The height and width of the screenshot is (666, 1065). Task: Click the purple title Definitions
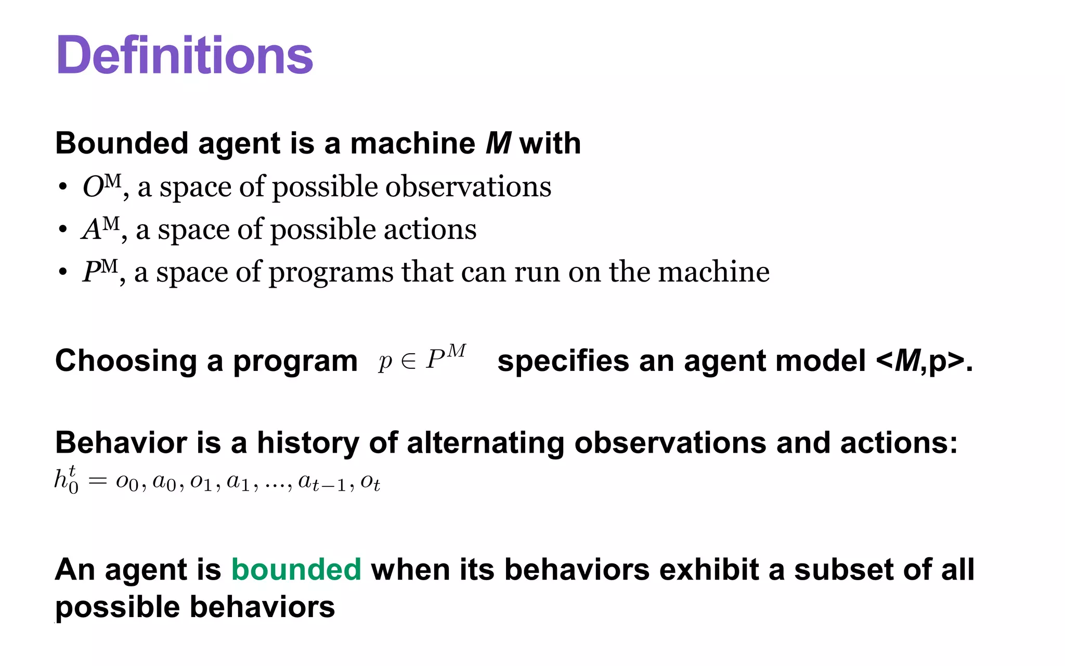click(185, 55)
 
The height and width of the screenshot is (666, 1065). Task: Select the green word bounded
click(296, 569)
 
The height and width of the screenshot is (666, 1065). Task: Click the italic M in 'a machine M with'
click(498, 143)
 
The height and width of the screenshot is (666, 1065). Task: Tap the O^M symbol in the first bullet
click(101, 186)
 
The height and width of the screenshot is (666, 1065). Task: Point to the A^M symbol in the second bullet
click(100, 229)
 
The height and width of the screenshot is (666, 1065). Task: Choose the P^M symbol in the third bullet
click(99, 272)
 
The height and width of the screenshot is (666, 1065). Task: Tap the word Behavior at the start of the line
click(121, 443)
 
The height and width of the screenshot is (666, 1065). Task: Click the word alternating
click(485, 443)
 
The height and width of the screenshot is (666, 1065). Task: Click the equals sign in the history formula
click(97, 481)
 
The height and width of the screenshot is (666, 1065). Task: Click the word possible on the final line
click(117, 608)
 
